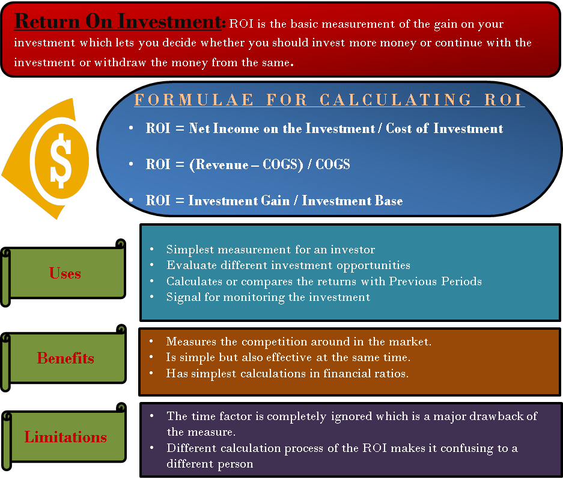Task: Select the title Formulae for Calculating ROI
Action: [329, 100]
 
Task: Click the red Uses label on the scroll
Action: [65, 273]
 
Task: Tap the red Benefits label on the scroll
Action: [65, 358]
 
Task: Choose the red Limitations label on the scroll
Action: [65, 437]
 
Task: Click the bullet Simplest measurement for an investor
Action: [270, 249]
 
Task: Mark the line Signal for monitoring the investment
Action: [268, 297]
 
